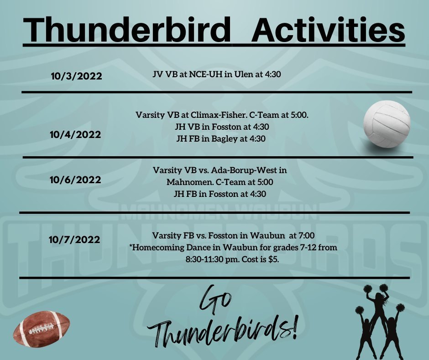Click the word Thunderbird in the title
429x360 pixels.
coord(127,29)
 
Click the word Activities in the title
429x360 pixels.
coord(328,29)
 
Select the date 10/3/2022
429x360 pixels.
coord(76,76)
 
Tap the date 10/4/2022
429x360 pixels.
coord(75,134)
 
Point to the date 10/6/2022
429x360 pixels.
coord(75,180)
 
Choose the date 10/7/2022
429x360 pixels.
coord(74,240)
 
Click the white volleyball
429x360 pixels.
coord(387,124)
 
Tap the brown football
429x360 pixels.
coord(42,329)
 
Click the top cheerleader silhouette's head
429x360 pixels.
coord(379,296)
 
